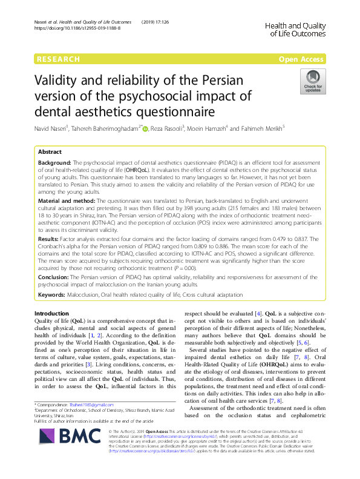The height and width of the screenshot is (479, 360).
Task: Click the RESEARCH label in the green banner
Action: [58, 59]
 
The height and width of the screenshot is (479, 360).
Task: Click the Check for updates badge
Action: [314, 82]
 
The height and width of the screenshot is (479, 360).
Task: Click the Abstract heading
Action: [50, 153]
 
